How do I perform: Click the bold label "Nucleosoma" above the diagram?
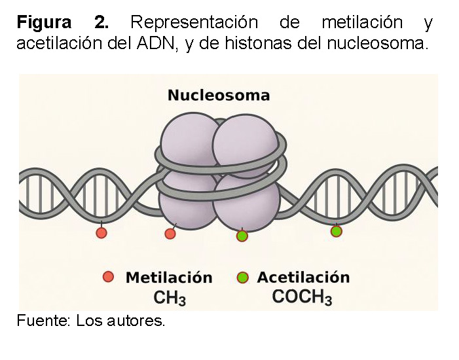tap(219, 96)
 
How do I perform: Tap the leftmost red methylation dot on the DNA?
tap(101, 233)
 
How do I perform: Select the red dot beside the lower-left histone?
tap(170, 234)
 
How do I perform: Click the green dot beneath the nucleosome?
tap(242, 236)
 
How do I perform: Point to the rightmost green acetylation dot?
tap(336, 231)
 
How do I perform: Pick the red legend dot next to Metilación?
tap(109, 277)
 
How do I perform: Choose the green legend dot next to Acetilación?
tap(244, 278)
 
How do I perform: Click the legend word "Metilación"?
tap(169, 278)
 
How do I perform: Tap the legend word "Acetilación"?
tap(303, 278)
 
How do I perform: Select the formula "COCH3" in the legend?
tap(302, 297)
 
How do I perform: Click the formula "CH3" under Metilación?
tap(170, 298)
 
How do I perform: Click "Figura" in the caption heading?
tap(44, 23)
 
